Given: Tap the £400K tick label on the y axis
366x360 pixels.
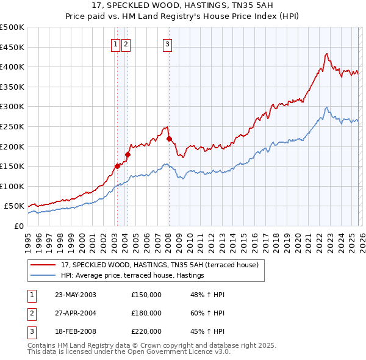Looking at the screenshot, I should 12,67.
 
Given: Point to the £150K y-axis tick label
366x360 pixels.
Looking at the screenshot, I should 12,166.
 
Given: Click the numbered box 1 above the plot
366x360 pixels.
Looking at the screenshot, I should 115,43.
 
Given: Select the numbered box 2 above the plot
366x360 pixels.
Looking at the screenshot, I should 125,43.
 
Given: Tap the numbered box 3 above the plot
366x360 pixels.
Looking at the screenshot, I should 167,43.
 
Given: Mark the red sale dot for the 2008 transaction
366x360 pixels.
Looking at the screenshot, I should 169,139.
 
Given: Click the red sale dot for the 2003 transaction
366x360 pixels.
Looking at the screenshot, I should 117,166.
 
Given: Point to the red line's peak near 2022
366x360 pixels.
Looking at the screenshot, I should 326,54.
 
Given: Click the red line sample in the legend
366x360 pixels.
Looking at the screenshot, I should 44,265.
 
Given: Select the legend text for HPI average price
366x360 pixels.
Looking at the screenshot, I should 132,276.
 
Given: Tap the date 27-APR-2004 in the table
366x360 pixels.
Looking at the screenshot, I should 75,313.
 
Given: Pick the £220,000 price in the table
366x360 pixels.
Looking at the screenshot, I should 146,331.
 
